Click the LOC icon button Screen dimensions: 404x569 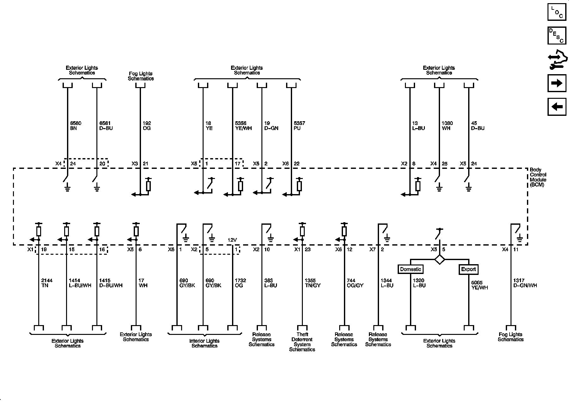[x=557, y=12]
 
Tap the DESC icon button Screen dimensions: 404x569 [x=557, y=36]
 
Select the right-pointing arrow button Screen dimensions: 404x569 [x=557, y=83]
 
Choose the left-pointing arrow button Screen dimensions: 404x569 [x=557, y=107]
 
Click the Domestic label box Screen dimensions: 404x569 [x=411, y=269]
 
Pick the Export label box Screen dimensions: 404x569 [x=468, y=269]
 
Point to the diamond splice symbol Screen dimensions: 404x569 [x=440, y=260]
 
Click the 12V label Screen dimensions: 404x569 [x=232, y=240]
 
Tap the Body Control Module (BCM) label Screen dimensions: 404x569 [x=538, y=177]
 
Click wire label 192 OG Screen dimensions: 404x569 [x=147, y=126]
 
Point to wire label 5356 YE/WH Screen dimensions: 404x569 [x=243, y=126]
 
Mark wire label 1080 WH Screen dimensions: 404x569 [x=447, y=126]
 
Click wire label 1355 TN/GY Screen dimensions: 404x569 [x=312, y=283]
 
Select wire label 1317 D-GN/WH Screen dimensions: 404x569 [x=525, y=283]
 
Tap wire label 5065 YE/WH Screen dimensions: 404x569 [x=479, y=285]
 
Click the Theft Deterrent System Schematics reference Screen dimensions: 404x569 [x=302, y=342]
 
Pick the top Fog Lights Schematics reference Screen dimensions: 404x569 [x=141, y=76]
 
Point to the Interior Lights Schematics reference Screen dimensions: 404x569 [x=204, y=343]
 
